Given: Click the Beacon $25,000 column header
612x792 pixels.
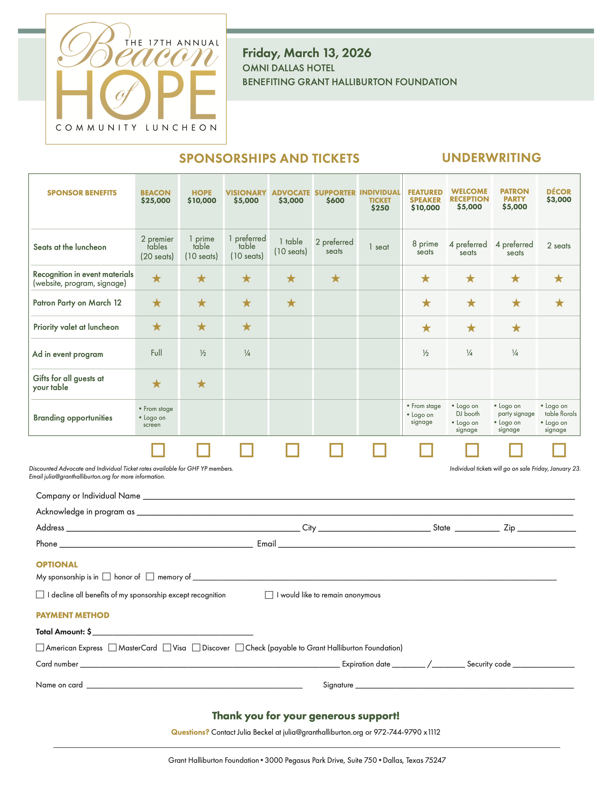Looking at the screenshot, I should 155,197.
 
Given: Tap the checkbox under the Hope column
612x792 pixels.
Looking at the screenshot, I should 203,450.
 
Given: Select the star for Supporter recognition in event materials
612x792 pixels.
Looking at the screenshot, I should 335,279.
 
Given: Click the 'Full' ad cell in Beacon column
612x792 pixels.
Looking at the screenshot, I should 156,353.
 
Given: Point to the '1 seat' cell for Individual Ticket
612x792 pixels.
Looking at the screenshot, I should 379,247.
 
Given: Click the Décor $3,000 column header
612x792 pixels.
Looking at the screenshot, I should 559,195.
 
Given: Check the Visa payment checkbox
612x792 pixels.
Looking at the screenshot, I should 167,647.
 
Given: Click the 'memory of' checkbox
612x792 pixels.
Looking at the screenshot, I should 150,577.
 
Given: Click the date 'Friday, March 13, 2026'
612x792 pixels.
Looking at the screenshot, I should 307,53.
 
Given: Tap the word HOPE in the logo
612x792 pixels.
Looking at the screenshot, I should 136,95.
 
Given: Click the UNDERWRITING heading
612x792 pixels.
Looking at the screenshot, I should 491,158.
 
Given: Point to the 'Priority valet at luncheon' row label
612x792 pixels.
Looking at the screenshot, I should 76,327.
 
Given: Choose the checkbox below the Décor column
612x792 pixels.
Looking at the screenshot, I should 559,450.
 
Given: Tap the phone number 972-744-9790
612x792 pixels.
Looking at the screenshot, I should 397,732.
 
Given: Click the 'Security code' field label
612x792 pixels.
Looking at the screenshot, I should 489,664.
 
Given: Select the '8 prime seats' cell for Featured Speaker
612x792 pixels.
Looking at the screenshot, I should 425,248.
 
